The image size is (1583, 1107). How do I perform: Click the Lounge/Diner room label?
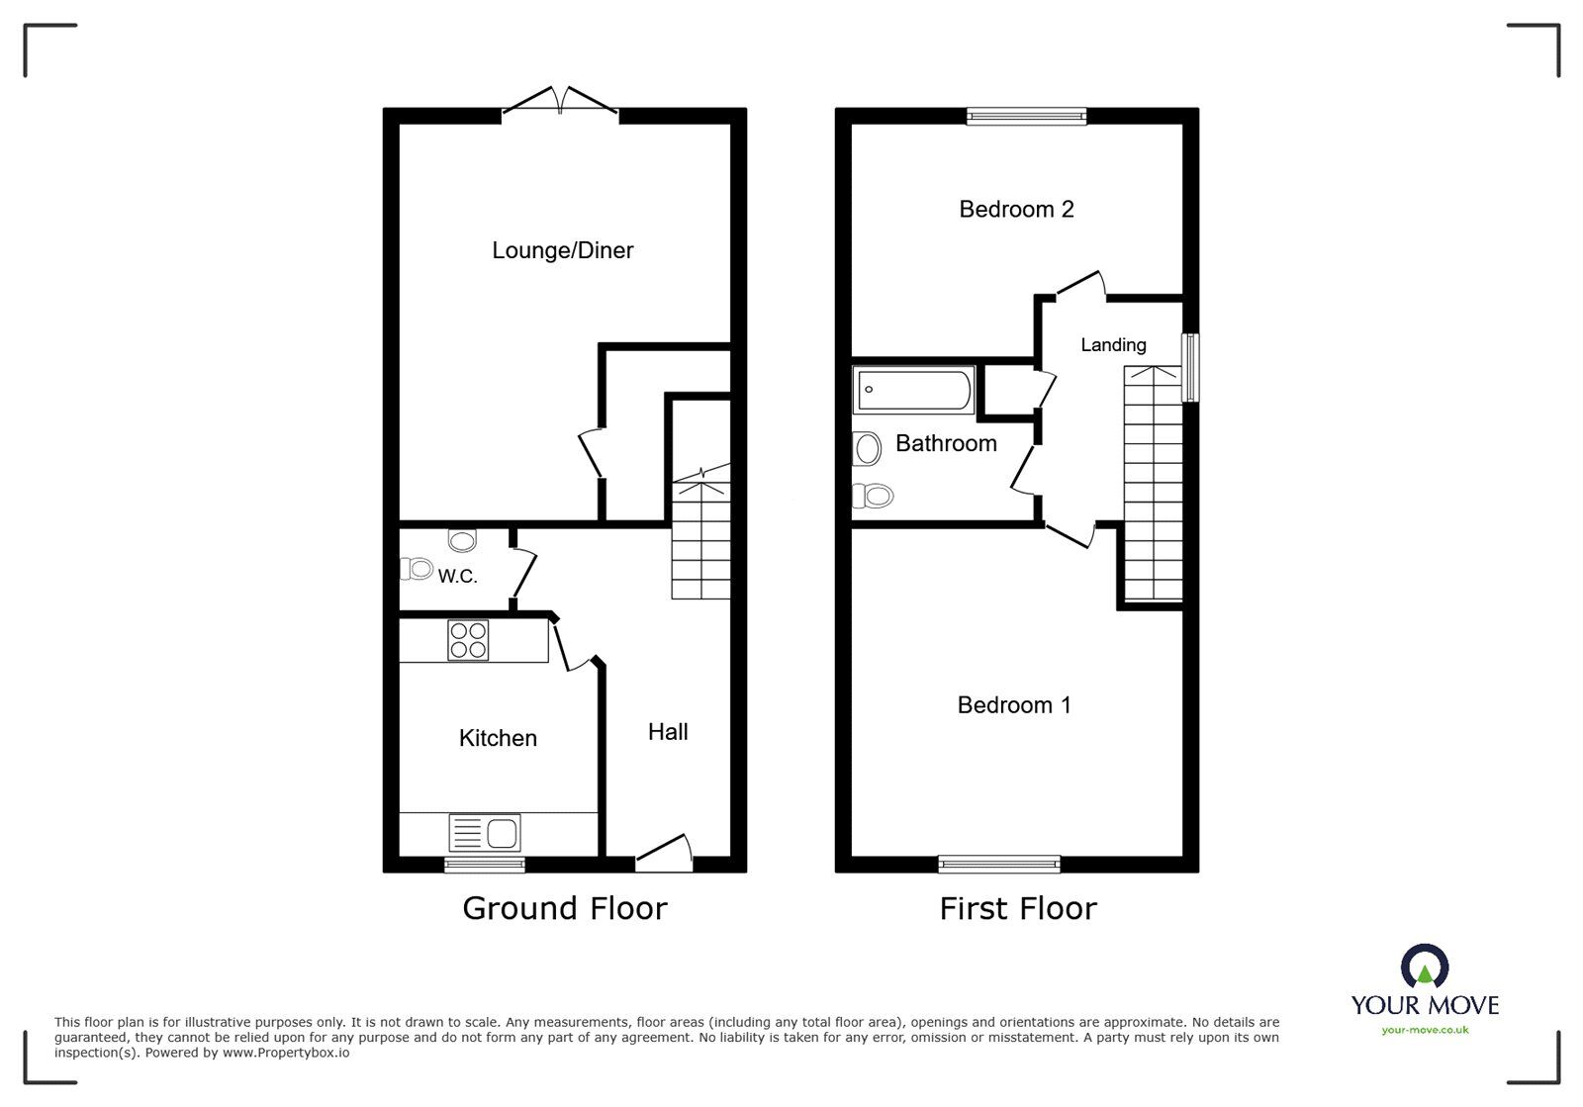click(562, 250)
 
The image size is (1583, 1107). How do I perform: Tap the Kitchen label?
click(498, 738)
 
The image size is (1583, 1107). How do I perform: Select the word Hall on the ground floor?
click(668, 732)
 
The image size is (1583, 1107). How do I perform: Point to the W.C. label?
click(458, 576)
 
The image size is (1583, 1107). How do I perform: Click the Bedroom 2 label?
click(1016, 209)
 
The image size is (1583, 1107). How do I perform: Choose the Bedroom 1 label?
click(1014, 705)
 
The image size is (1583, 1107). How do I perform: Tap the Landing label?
click(1113, 345)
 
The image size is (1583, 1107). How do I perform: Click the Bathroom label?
click(946, 443)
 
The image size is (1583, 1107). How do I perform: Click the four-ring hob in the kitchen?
click(468, 640)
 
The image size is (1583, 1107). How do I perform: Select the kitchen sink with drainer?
click(485, 832)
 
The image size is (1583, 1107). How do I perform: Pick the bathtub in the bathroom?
click(914, 390)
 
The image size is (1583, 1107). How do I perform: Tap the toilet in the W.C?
click(417, 569)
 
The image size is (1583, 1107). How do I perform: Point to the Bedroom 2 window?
click(1026, 116)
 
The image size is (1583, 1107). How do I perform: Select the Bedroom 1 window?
click(999, 865)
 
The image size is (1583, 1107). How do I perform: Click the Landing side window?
click(1191, 367)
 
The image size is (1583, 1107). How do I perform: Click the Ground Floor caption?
click(565, 908)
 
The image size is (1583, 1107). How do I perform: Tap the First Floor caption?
click(1018, 908)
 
